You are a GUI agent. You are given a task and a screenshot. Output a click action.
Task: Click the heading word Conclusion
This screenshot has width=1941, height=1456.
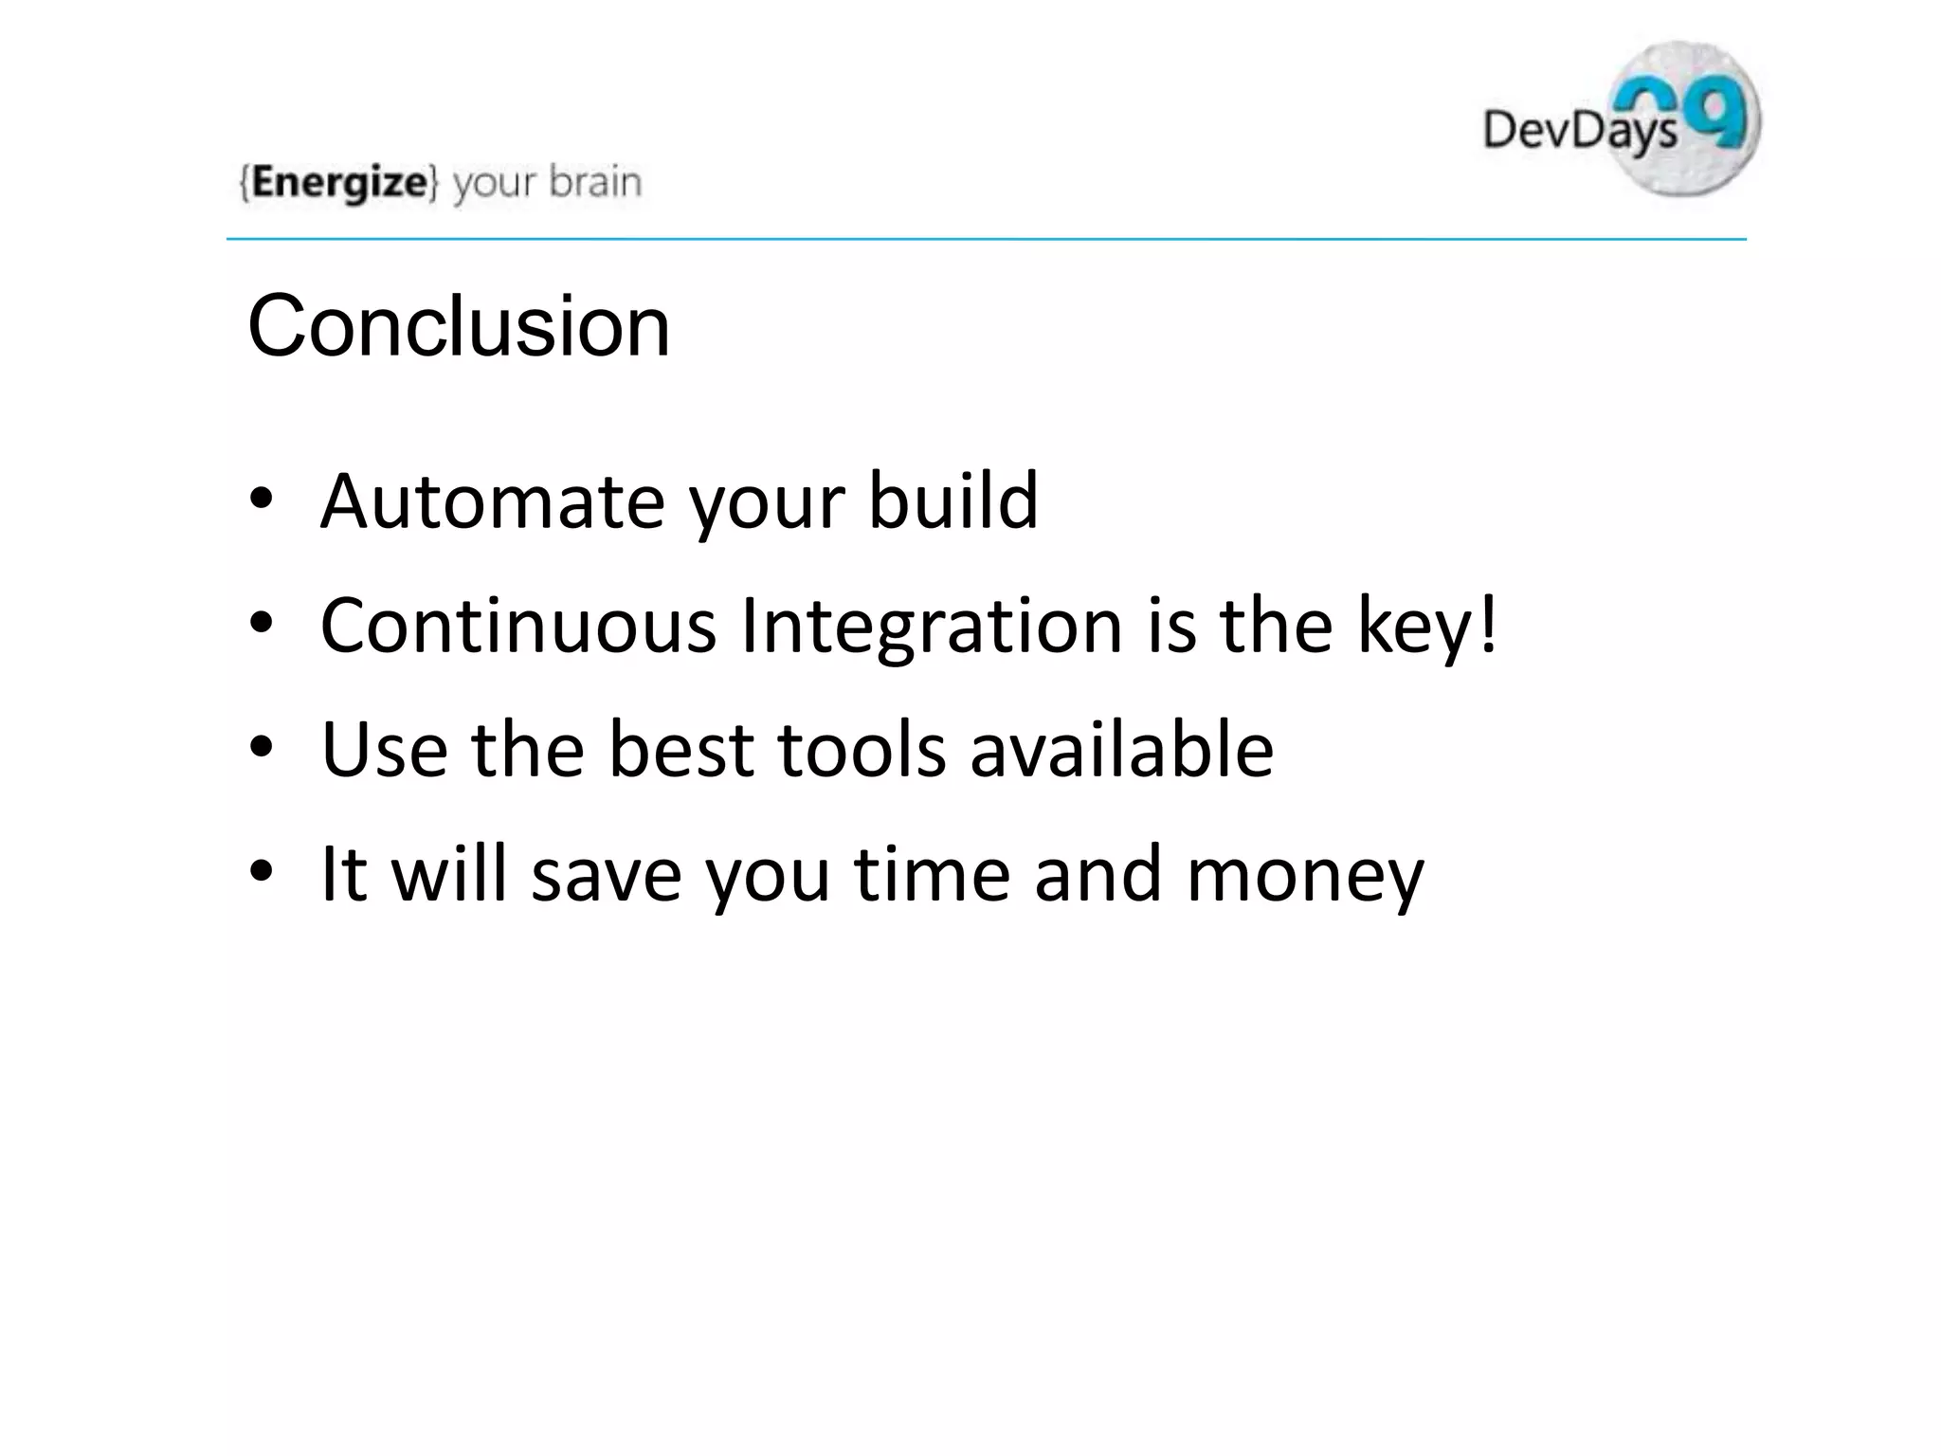(459, 327)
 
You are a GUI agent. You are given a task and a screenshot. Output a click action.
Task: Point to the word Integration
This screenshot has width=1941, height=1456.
(932, 628)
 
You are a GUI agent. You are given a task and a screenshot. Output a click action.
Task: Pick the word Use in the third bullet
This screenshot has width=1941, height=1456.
(384, 750)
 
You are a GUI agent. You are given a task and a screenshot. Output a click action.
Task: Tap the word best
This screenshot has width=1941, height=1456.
(680, 750)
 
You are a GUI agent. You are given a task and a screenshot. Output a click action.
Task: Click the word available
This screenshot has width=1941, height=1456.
(1121, 750)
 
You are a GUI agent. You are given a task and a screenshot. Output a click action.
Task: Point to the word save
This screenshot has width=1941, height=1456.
(607, 874)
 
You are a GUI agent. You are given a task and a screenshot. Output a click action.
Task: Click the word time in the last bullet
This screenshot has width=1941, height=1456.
(932, 874)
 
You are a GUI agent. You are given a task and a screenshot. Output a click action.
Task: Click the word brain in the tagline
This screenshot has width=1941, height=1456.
(595, 182)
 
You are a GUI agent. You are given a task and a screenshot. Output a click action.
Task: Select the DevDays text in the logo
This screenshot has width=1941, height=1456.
(1579, 129)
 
